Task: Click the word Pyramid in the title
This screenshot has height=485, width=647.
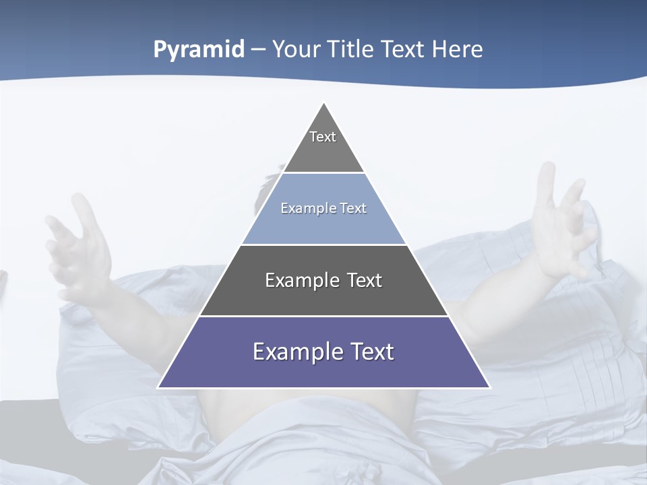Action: (199, 50)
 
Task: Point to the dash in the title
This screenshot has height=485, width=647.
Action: (257, 50)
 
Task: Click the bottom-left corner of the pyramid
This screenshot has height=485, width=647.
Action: (159, 387)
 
